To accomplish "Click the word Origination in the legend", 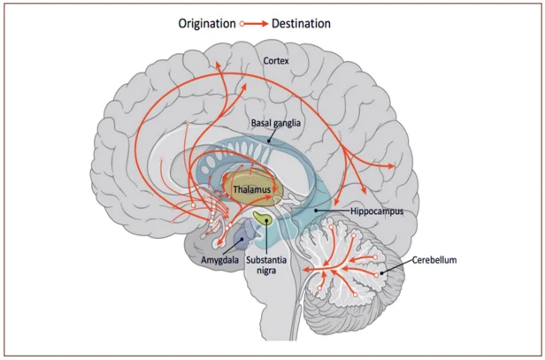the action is [207, 24].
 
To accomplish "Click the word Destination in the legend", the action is [301, 24].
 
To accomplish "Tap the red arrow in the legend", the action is [256, 24].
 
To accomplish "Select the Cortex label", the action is [276, 61].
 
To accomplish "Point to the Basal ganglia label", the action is [276, 123].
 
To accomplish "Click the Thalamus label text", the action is [252, 189].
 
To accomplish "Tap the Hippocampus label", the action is [377, 211].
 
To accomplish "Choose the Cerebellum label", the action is [434, 259].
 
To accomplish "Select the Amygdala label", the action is [219, 259].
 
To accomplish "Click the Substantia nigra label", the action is [266, 264].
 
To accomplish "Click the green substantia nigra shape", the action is [263, 218].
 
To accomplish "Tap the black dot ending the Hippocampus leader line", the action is [316, 211].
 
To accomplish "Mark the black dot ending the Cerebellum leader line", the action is [381, 273].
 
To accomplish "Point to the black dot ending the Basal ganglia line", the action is [268, 141].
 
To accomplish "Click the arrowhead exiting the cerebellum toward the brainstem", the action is [306, 269].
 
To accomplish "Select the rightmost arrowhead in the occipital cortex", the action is [392, 166].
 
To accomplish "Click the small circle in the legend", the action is [242, 24].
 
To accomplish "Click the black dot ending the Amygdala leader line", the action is [242, 239].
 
